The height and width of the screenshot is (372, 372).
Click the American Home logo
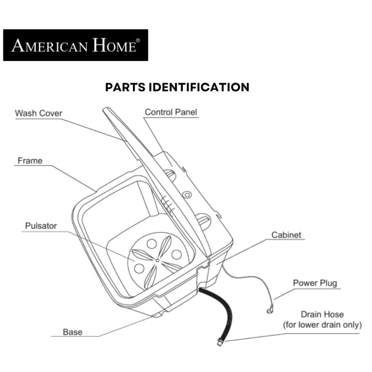coord(75,45)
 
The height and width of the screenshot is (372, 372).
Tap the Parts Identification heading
coord(177,87)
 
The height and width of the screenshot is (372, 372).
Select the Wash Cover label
coord(39,113)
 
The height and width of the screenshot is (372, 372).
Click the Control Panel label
coord(171,112)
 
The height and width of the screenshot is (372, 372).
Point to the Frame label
coord(30,161)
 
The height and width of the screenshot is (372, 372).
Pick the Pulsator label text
coord(41,226)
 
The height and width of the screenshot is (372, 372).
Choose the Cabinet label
coord(286,235)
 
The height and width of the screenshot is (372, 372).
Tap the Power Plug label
coord(315,283)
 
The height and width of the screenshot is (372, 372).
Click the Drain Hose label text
coord(322,314)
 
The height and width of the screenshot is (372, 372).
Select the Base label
coord(73,332)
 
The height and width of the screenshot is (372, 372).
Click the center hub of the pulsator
coord(156,260)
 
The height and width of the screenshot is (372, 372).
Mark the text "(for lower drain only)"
coord(322,324)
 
